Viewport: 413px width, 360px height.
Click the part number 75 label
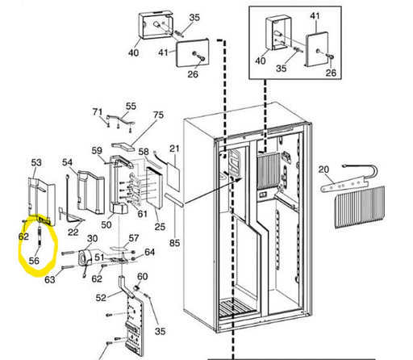pyautogui.click(x=158, y=115)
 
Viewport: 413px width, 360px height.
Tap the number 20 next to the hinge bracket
pyautogui.click(x=323, y=170)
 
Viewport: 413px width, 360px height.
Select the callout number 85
pyautogui.click(x=174, y=243)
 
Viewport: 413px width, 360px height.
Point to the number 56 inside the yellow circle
pyautogui.click(x=34, y=261)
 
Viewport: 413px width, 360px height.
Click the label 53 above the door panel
pyautogui.click(x=36, y=162)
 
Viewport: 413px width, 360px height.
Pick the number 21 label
pyautogui.click(x=174, y=149)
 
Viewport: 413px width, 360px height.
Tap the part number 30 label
pyautogui.click(x=92, y=238)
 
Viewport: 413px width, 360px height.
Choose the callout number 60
pyautogui.click(x=142, y=276)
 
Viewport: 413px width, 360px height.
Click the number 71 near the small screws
pyautogui.click(x=98, y=111)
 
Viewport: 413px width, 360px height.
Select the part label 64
pyautogui.click(x=149, y=252)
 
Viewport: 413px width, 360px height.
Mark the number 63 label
pyautogui.click(x=50, y=279)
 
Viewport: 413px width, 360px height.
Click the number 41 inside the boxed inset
pyautogui.click(x=315, y=16)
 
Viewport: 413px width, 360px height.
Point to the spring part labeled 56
pyautogui.click(x=40, y=236)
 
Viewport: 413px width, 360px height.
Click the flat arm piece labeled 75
pyautogui.click(x=123, y=146)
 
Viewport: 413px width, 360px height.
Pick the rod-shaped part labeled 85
pyautogui.click(x=174, y=200)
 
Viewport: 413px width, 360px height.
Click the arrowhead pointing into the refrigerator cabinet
pyautogui.click(x=240, y=180)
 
